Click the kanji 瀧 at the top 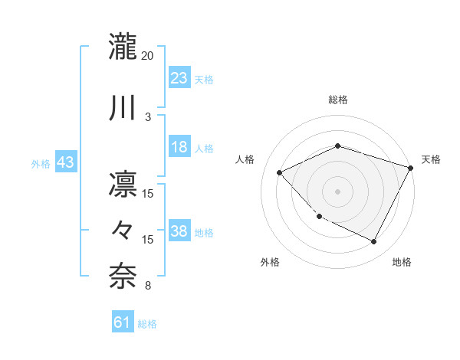123,47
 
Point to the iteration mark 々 123,228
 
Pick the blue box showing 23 179,78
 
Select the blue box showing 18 179,148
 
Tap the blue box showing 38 179,232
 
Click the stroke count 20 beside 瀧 148,56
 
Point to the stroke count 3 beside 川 148,116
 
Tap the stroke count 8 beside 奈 148,286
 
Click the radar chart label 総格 337,100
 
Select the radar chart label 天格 431,159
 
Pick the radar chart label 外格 270,262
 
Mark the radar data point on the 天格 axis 412,168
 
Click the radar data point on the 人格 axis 280,172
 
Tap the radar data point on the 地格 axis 374,242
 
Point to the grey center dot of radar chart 337,191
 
